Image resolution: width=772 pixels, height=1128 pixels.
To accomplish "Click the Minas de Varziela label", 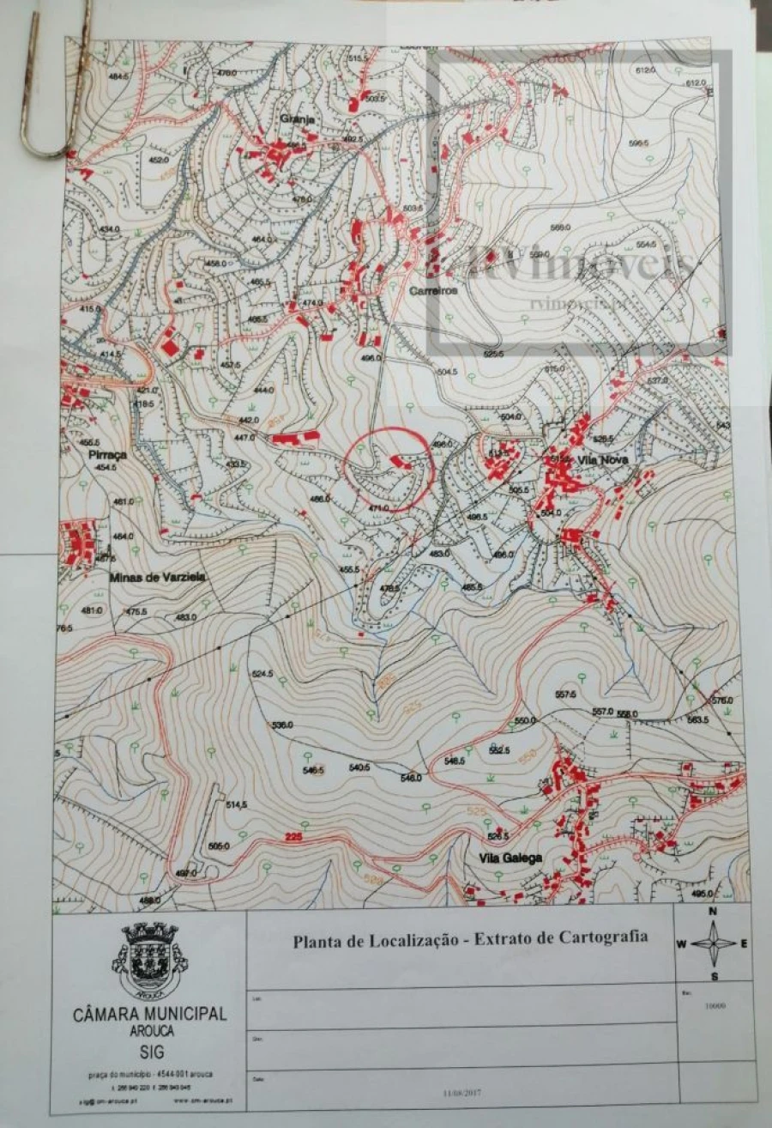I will click(x=157, y=578).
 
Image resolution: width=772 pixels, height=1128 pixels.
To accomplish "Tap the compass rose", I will click(x=714, y=943).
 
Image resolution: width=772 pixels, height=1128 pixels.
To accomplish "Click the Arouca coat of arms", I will click(x=148, y=959).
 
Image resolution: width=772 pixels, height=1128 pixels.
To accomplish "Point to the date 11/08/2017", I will click(x=463, y=1092).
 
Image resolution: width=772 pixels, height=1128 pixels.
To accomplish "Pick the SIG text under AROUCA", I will click(x=149, y=1052).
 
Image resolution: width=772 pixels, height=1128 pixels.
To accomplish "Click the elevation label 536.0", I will click(x=282, y=725).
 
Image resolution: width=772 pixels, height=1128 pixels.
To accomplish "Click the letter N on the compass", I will click(x=714, y=912).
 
